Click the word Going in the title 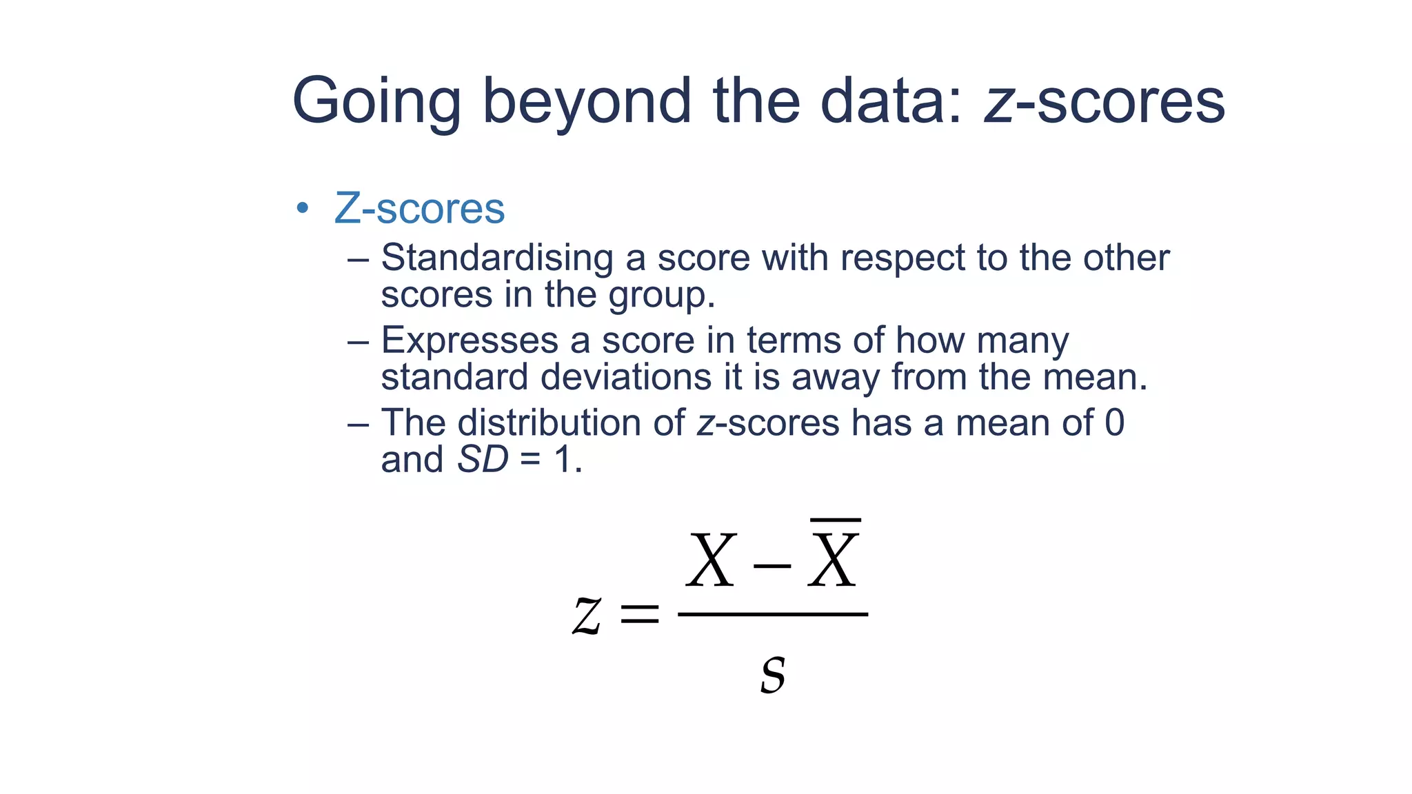[x=376, y=102]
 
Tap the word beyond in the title [x=586, y=102]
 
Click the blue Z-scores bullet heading [x=419, y=208]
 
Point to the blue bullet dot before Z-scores [x=302, y=208]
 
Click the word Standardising [x=497, y=258]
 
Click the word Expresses [x=470, y=340]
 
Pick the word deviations [x=626, y=377]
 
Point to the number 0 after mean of [x=1114, y=423]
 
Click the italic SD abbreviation [x=483, y=459]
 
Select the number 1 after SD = [x=563, y=459]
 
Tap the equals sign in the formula [x=640, y=613]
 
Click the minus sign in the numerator [x=771, y=567]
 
